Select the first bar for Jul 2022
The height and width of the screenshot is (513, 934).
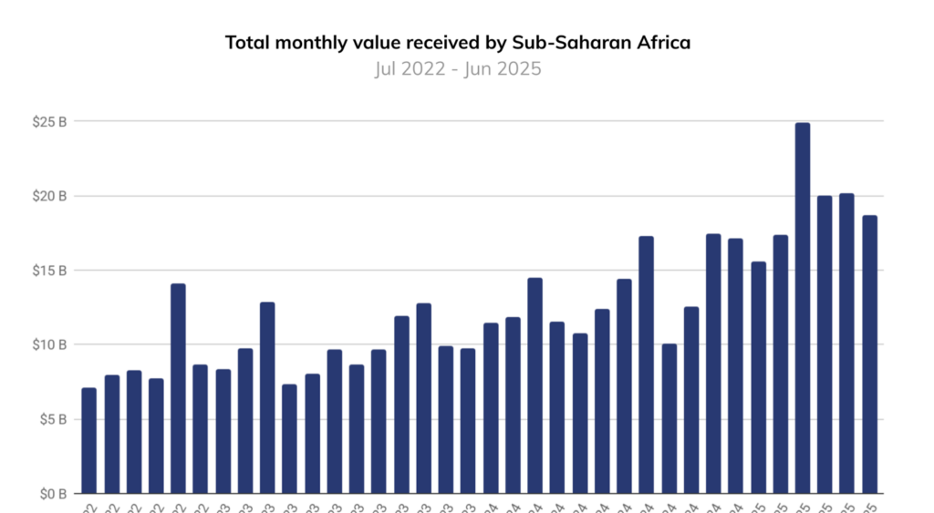coord(88,441)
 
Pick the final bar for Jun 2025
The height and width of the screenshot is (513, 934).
coord(870,354)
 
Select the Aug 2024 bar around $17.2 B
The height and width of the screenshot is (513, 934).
coord(647,364)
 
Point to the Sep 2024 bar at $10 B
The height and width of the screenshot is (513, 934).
coord(669,419)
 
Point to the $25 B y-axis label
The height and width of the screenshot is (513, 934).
coord(47,122)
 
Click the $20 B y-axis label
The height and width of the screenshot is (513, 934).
coord(47,196)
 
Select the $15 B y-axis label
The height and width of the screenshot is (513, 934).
coord(47,271)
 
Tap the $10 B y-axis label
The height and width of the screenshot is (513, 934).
coord(47,344)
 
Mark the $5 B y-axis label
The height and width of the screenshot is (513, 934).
coord(50,419)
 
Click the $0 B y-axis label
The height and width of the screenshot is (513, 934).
coord(50,493)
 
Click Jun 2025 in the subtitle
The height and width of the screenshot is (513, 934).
coord(504,69)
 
